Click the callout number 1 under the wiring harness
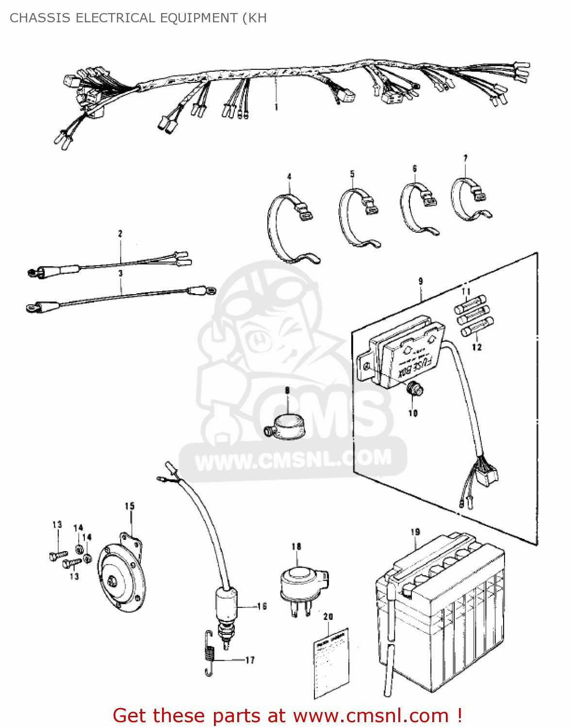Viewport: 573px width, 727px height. coord(276,107)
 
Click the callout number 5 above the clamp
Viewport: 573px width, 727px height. coord(352,174)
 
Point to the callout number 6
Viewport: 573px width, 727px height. coord(414,169)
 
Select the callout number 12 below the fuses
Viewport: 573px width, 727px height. coord(476,347)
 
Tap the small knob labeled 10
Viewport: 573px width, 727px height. coord(414,389)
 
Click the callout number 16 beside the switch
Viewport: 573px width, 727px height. coord(262,606)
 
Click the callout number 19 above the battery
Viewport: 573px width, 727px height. coord(415,532)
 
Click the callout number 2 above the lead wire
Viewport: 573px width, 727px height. coord(120,234)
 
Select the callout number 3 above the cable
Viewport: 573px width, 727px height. coord(121,274)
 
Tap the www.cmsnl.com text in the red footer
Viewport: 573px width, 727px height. coord(371,715)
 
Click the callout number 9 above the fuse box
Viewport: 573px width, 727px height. coord(420,281)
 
